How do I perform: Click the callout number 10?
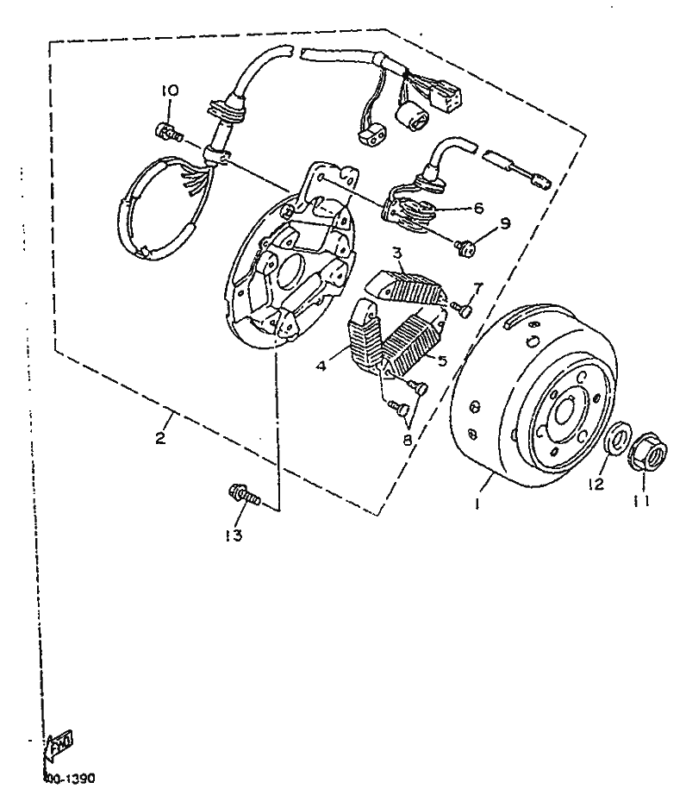[169, 91]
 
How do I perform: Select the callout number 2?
[160, 438]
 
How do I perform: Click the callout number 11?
[640, 499]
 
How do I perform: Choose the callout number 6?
[478, 208]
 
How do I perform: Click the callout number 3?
[398, 253]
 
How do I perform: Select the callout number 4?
[320, 366]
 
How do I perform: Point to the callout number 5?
[442, 361]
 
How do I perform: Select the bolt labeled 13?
[244, 496]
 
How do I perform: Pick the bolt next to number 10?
[168, 132]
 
